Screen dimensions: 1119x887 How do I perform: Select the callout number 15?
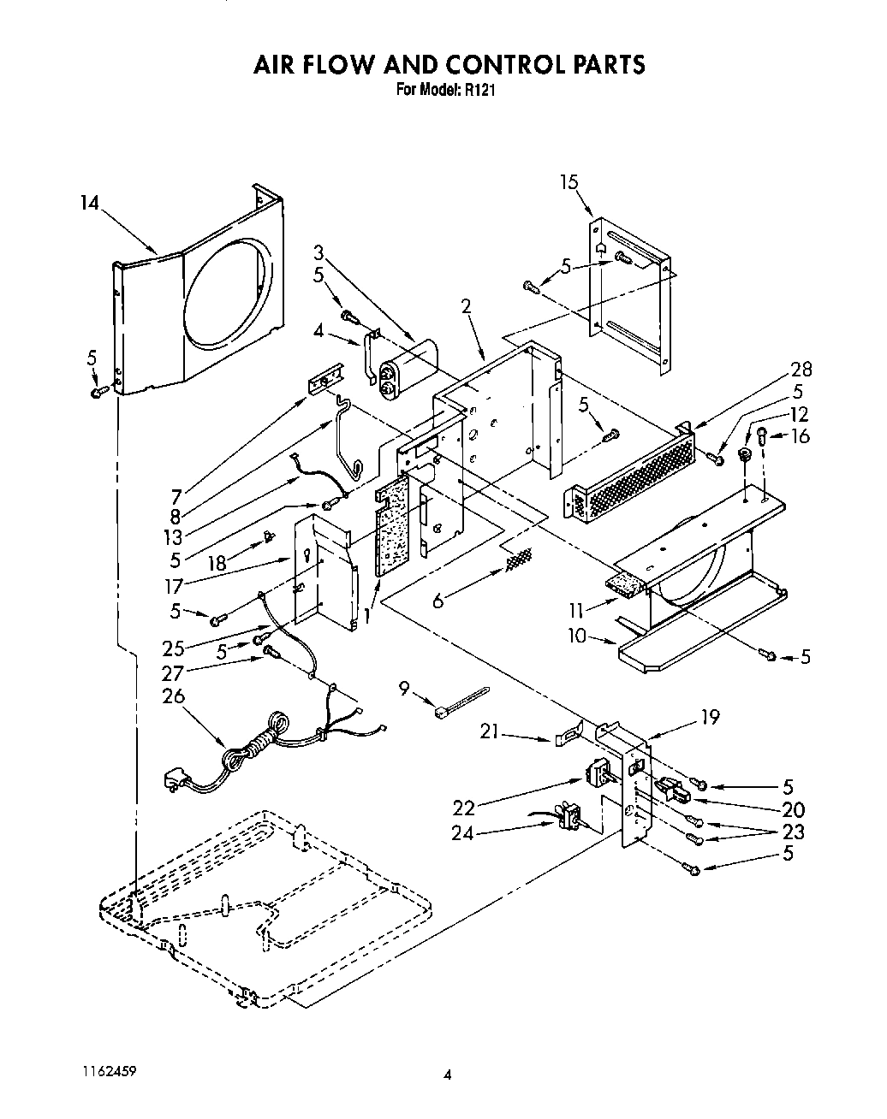coord(569,181)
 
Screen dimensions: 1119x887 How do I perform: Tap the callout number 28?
coord(801,370)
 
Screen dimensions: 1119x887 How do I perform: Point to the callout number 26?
coord(173,696)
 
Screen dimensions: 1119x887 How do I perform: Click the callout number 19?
coord(710,717)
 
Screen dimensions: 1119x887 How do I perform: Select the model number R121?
coord(480,89)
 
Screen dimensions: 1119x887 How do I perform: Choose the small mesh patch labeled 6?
coord(517,559)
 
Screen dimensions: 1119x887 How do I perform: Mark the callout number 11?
coord(576,610)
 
